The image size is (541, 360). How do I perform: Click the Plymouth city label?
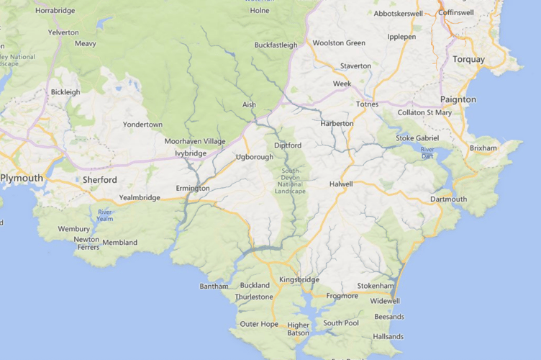coord(22,178)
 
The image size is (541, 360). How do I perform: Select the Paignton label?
coord(458,99)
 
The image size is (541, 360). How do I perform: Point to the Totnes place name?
coord(367,104)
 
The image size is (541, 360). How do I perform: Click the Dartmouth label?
coord(448,199)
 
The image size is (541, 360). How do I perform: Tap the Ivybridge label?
coord(190,153)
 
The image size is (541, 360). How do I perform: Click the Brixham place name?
coord(483,148)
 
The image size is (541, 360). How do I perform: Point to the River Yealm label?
coord(105,215)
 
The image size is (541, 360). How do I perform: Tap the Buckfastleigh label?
coord(276,45)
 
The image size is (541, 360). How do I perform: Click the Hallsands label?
coord(388,336)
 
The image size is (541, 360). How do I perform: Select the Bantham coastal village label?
coord(214,287)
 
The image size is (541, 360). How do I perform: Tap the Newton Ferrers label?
coord(86,243)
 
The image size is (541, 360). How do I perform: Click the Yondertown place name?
coord(142,124)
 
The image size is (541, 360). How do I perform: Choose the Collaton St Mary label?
coord(429,112)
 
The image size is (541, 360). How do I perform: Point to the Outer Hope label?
coord(259,324)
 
